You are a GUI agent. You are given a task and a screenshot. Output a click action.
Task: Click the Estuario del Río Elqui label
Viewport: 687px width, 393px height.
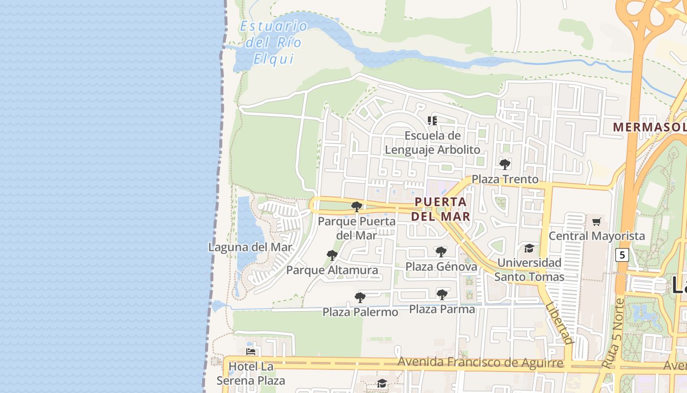pos(273,42)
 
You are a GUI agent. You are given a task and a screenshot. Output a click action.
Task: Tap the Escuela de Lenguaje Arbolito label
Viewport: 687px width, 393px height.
pos(432,142)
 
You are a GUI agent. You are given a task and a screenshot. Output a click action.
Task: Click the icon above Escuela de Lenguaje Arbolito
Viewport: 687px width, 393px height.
pos(432,120)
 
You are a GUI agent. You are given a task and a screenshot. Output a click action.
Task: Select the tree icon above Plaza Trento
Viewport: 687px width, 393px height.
pos(504,164)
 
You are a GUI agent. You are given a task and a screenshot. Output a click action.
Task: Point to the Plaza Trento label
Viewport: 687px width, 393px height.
pos(505,179)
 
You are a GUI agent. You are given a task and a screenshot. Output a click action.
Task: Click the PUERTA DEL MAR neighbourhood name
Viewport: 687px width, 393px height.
pos(441,209)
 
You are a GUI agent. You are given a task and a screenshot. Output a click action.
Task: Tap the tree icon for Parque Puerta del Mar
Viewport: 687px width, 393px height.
pos(357,206)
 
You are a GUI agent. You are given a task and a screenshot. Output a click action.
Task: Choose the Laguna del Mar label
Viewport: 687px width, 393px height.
pos(250,247)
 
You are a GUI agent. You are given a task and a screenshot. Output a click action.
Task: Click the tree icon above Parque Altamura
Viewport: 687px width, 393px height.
pos(332,255)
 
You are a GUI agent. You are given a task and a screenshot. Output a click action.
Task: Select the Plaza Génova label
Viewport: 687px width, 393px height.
pos(441,267)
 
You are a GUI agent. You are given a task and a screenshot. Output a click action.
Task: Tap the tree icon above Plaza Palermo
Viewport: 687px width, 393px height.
pos(360,297)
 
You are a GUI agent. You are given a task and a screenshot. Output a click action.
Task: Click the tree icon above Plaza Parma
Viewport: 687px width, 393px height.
pos(442,294)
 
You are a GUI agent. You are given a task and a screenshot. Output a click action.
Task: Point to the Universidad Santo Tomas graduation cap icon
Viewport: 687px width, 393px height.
pos(529,248)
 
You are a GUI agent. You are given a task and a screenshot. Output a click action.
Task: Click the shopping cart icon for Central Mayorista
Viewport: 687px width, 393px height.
pos(596,222)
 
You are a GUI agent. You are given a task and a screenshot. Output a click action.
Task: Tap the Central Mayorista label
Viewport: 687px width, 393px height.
pos(597,236)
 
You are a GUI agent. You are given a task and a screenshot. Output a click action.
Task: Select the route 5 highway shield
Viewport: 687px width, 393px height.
pos(622,255)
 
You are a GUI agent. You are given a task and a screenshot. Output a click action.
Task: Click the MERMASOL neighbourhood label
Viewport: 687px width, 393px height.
pos(649,127)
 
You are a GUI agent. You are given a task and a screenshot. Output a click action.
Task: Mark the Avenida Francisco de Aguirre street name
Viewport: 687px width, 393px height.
pos(480,363)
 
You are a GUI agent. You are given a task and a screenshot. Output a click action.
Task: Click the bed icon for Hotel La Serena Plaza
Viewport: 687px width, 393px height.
pos(251,352)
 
